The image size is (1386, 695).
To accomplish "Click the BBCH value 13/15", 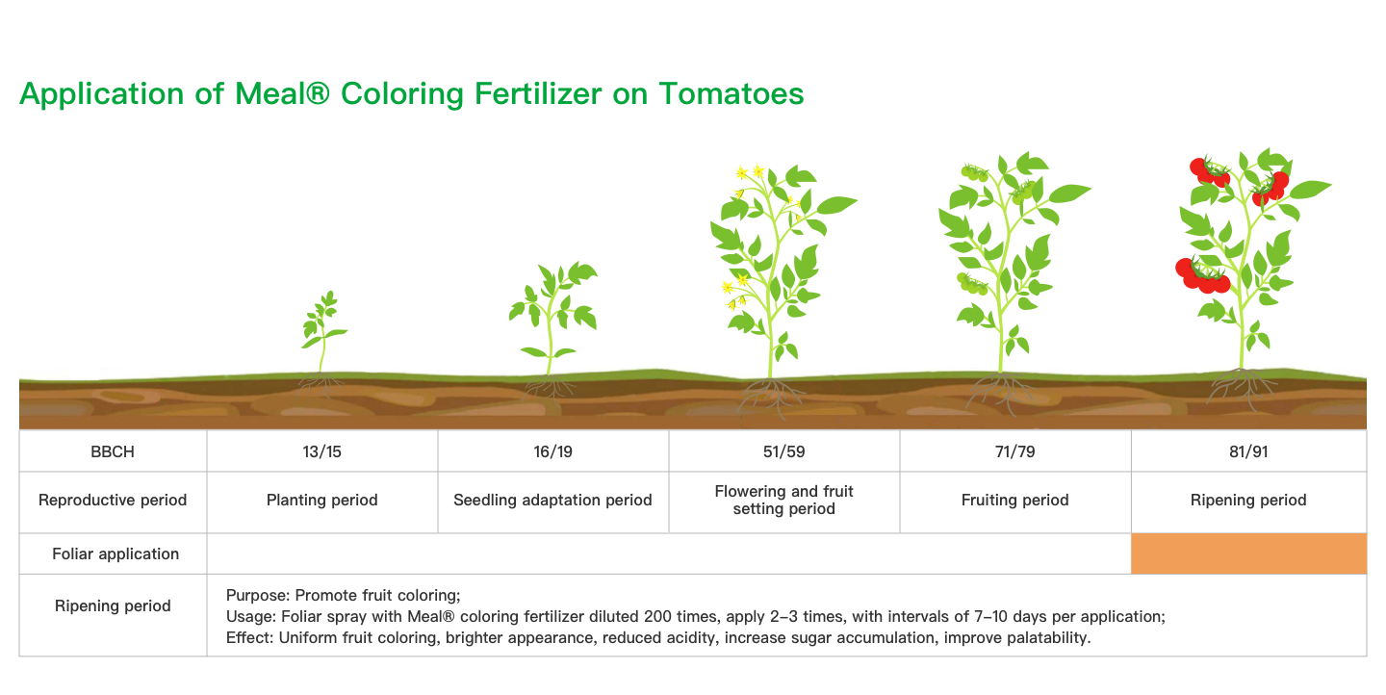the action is click(x=321, y=451).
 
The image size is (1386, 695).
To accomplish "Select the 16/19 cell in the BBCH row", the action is click(x=553, y=451).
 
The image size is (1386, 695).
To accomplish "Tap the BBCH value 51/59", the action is click(x=783, y=451).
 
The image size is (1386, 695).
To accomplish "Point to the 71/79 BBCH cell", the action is click(x=1014, y=451).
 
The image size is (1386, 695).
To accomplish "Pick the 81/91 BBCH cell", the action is click(x=1248, y=451).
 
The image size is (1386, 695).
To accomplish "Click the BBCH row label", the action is click(x=113, y=451).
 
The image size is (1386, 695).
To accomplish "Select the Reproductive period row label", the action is click(x=113, y=500).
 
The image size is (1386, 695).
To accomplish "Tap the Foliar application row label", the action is click(x=115, y=553).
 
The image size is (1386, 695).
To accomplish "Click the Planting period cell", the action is click(x=321, y=500).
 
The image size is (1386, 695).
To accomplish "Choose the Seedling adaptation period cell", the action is click(x=552, y=500).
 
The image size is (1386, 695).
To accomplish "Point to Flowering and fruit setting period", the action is click(x=783, y=500).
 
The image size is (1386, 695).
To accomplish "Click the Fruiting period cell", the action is click(x=1014, y=500).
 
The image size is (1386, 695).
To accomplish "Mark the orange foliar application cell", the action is click(x=1248, y=553).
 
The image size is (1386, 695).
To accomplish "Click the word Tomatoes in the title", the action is click(x=731, y=94).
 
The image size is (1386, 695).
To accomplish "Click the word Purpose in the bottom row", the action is click(x=257, y=595).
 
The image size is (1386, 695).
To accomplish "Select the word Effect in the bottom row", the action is click(x=249, y=637).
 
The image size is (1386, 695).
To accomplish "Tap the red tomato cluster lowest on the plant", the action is click(x=1203, y=276).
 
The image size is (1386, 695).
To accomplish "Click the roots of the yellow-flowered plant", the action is click(x=770, y=396).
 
